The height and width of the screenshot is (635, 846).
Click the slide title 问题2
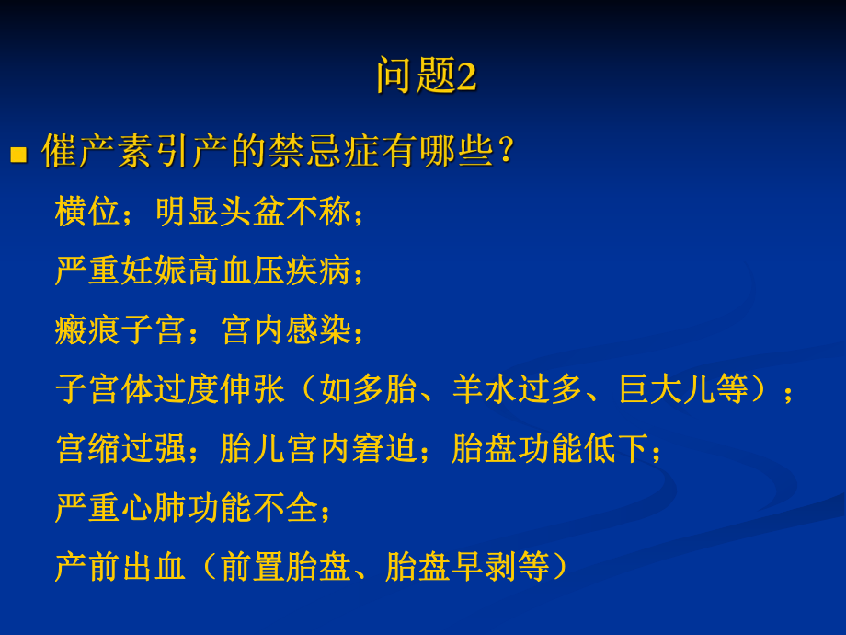pyautogui.click(x=426, y=76)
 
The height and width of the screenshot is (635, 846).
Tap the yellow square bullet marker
pyautogui.click(x=18, y=153)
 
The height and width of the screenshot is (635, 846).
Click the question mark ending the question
pyautogui.click(x=504, y=152)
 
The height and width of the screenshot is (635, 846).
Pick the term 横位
pyautogui.click(x=87, y=213)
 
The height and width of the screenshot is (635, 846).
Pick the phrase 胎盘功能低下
pyautogui.click(x=550, y=449)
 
